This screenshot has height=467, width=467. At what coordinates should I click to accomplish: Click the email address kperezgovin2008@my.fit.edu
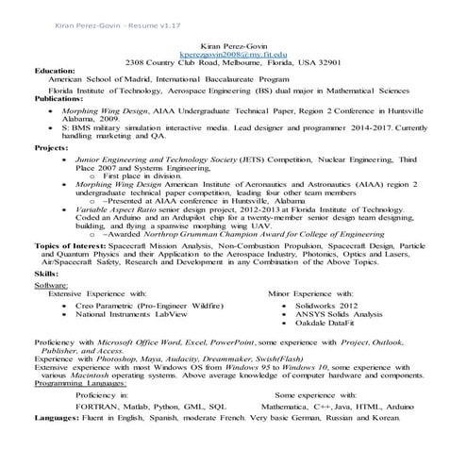click(x=232, y=55)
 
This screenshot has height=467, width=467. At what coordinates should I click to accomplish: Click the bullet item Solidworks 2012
click(x=326, y=307)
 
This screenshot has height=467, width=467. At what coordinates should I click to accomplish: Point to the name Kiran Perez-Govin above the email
click(x=232, y=45)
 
